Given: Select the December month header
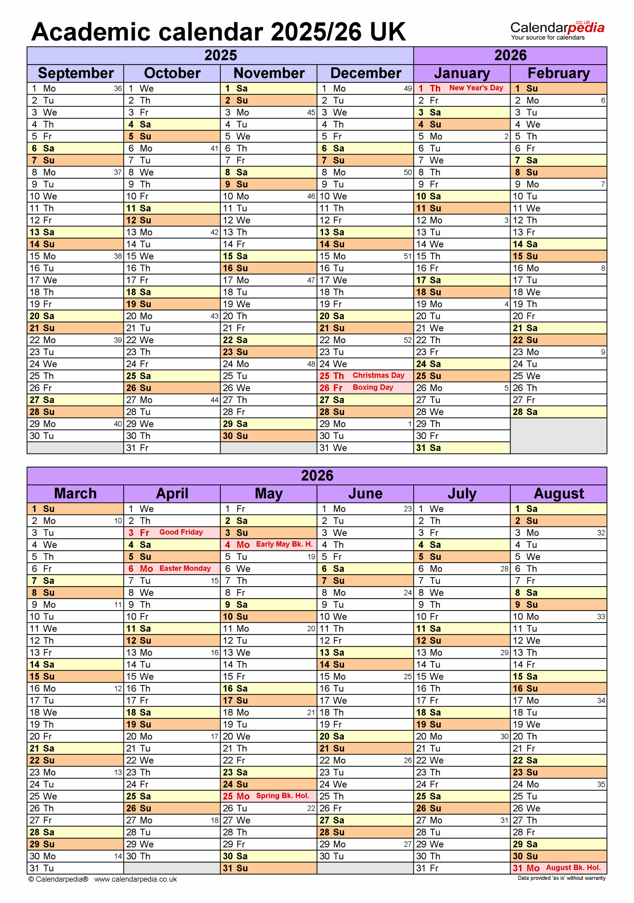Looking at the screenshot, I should [x=366, y=73].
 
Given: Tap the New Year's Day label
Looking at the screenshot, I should [x=476, y=88].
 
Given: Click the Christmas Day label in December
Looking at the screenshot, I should [x=378, y=375].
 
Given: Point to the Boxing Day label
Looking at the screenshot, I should [x=373, y=387].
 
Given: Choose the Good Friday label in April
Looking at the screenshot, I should [x=181, y=532].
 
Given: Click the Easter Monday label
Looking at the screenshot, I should [x=185, y=568].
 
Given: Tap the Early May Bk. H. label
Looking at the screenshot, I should [x=284, y=544].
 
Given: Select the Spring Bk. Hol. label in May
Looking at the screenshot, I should [x=282, y=796].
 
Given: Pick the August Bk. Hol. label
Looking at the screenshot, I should [x=573, y=868].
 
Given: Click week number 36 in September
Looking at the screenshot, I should [x=117, y=89].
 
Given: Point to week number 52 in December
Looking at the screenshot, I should [x=407, y=340].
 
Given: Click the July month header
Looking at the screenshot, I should [x=462, y=493].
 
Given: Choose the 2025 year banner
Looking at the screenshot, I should [x=220, y=55].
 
